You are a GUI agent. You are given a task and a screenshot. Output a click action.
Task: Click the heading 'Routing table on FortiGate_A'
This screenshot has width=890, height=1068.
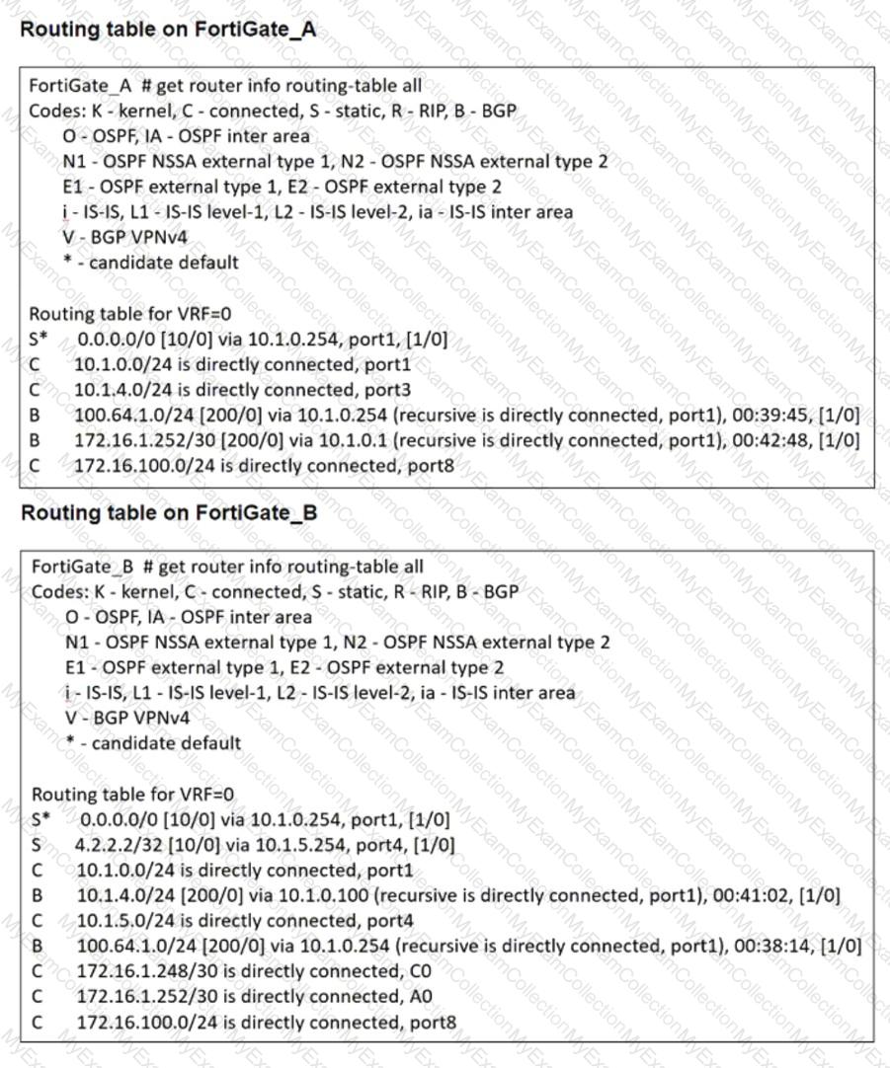coord(168,30)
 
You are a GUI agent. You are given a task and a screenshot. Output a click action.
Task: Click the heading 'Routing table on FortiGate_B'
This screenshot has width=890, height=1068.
coord(168,513)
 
